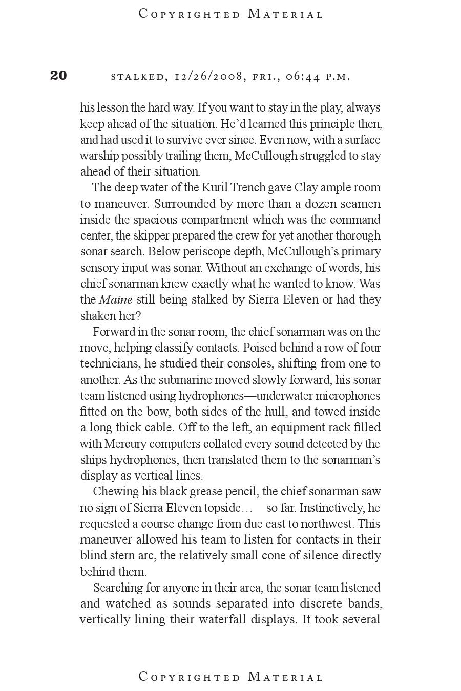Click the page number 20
[58, 76]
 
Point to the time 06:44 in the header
[303, 77]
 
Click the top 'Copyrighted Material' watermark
[231, 14]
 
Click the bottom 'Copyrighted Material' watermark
[231, 677]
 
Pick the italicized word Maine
[115, 299]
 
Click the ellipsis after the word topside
[246, 509]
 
